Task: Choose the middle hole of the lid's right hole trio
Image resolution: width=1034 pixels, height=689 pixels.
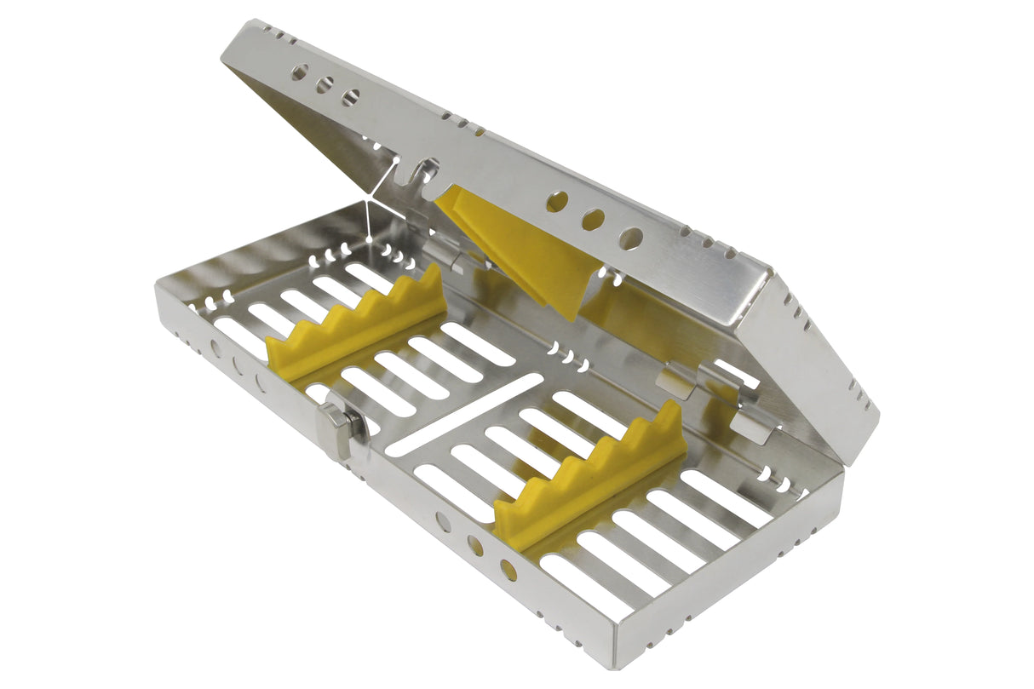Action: click(594, 220)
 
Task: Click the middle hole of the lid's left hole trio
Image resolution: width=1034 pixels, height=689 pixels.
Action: click(325, 85)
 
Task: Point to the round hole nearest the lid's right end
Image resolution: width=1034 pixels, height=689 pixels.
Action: click(630, 238)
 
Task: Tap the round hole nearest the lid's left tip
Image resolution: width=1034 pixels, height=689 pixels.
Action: click(299, 73)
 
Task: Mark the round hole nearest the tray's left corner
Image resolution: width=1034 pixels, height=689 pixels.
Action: click(215, 348)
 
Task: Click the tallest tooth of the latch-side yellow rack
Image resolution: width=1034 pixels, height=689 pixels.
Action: click(432, 277)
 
